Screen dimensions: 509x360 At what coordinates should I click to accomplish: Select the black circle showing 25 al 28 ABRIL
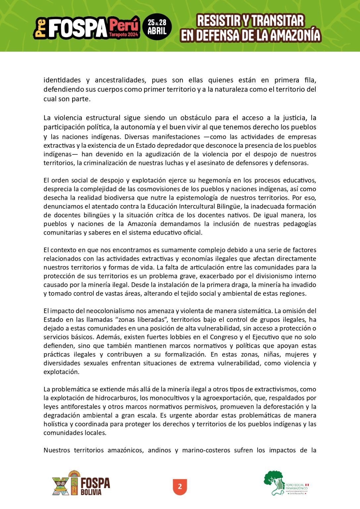point(157,27)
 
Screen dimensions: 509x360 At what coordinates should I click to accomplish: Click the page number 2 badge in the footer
point(180,486)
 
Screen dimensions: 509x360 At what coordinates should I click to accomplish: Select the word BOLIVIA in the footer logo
point(91,492)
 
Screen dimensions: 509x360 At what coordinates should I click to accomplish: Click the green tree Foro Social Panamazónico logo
point(274,482)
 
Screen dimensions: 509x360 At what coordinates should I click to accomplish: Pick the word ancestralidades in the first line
point(120,80)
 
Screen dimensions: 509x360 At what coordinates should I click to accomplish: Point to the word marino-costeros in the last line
point(206,450)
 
